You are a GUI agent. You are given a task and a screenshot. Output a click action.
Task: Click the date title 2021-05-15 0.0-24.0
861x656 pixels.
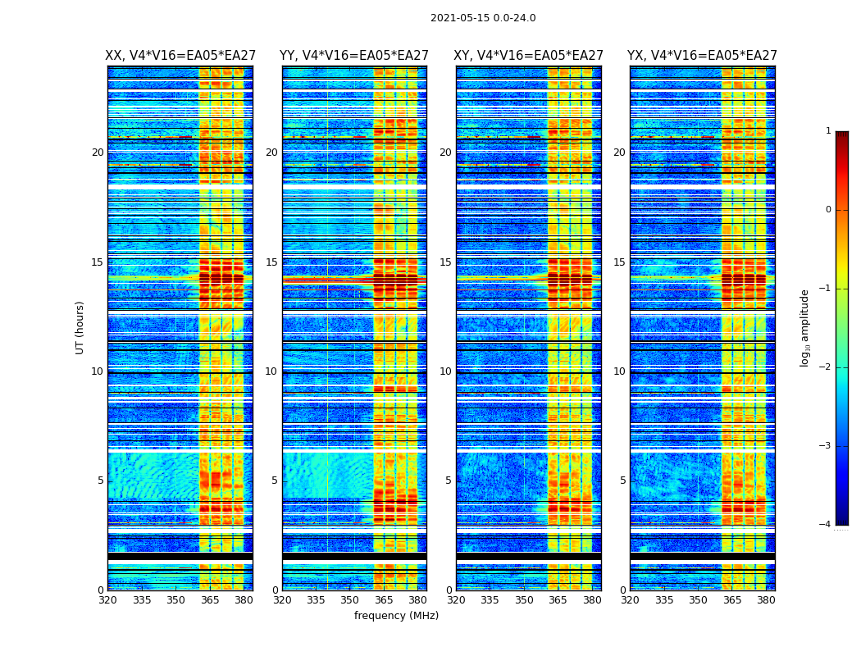(483, 18)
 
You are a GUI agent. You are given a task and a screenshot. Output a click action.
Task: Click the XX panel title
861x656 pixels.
(180, 56)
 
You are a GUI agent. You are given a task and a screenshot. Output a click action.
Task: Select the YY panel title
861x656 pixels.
(354, 56)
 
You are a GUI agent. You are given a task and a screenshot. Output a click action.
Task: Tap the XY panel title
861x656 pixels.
(529, 56)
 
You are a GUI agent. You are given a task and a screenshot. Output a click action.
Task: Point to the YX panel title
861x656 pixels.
(702, 56)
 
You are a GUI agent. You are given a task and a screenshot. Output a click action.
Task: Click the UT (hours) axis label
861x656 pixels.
(80, 327)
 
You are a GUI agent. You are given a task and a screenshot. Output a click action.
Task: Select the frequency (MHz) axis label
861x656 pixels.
(396, 616)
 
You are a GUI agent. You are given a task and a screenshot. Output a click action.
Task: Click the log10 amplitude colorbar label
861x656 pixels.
(805, 327)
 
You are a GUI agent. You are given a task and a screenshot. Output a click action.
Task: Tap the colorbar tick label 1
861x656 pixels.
(828, 131)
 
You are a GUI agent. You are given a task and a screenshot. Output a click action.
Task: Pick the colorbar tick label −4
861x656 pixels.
(826, 525)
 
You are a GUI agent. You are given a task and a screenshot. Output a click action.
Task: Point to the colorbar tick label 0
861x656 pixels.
(828, 210)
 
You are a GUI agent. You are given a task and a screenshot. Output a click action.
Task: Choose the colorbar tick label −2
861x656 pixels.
(826, 367)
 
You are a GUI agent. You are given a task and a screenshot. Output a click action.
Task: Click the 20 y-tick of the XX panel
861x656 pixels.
(98, 153)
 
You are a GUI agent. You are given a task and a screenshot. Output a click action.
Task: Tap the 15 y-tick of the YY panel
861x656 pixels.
(271, 262)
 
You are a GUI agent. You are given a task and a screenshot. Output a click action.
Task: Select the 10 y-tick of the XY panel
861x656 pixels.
(445, 371)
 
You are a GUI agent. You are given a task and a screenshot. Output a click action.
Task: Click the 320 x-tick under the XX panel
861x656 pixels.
(107, 600)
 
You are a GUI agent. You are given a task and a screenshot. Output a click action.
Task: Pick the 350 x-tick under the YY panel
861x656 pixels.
(350, 600)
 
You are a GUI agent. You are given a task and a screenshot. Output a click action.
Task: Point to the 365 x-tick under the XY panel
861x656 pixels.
(558, 600)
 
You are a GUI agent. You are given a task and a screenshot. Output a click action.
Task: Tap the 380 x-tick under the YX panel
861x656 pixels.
(766, 600)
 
